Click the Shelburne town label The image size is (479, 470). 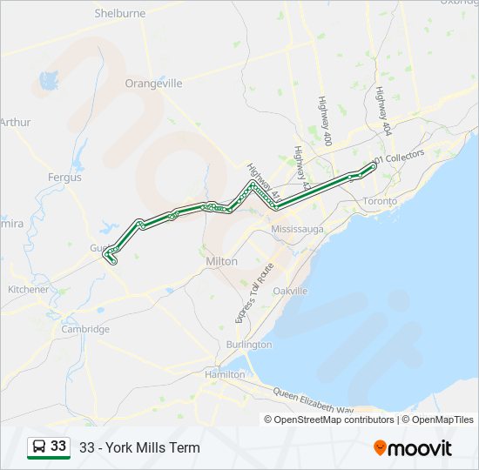[119, 14]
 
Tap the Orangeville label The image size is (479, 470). [153, 84]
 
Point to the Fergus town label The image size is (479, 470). [64, 177]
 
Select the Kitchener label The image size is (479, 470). [28, 289]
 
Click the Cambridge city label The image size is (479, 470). [85, 329]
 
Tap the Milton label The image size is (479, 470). [221, 261]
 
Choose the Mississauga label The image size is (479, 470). [297, 229]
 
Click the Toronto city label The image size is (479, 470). [380, 201]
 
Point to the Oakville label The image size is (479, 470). [290, 291]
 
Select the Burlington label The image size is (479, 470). [249, 345]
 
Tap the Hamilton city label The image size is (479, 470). [225, 374]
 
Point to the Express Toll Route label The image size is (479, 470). [253, 292]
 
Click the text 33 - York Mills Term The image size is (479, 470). [139, 448]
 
